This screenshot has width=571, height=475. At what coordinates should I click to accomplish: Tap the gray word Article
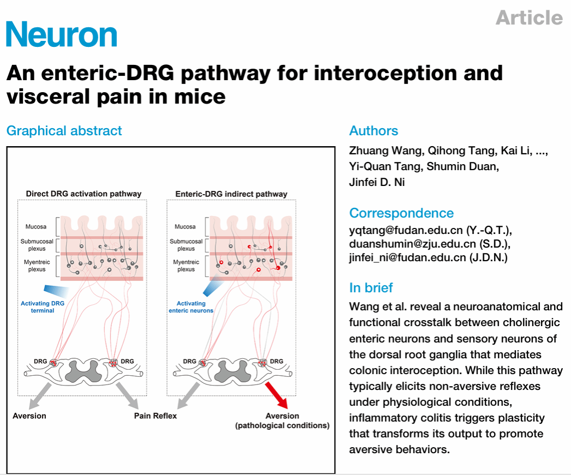point(529,17)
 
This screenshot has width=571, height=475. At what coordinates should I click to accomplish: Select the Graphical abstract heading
point(64,131)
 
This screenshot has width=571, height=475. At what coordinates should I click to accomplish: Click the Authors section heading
point(373,131)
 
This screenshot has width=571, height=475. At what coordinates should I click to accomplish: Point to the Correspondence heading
point(401,213)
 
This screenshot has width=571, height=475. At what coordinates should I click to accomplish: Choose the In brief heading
point(371,287)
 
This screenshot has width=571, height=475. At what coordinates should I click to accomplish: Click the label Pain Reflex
point(156,416)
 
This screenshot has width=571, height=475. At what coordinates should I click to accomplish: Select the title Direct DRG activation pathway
point(84,194)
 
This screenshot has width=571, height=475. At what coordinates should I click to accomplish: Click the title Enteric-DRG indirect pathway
point(231,194)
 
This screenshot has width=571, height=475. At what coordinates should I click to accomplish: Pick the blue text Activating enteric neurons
point(191,307)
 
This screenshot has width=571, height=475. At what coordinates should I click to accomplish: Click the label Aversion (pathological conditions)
point(282,420)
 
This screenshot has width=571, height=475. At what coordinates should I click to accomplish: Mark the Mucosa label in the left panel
point(37,226)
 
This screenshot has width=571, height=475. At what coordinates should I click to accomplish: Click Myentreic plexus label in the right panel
point(186,266)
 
